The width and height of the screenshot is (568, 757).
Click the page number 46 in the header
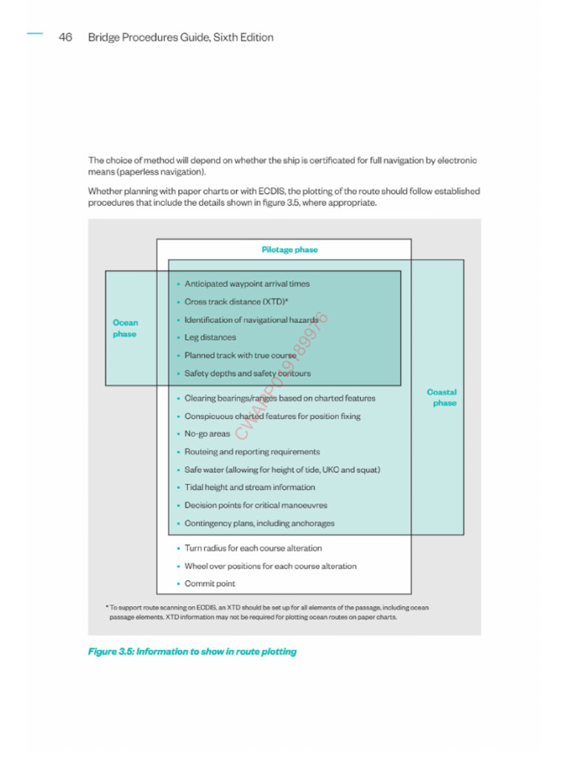[x=65, y=38]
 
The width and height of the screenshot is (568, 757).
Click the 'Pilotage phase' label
[x=289, y=250]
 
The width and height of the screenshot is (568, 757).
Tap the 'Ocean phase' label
[x=125, y=328]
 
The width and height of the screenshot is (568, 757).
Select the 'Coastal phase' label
[x=442, y=398]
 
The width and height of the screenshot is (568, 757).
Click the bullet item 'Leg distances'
[x=210, y=338]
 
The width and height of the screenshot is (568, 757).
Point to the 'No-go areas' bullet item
[x=207, y=434]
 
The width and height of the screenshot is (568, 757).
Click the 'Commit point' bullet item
[x=209, y=584]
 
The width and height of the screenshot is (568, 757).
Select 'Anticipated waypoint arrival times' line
[x=247, y=284]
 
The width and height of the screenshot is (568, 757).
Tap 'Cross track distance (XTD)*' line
[x=236, y=302]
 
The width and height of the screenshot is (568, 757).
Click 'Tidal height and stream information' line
[x=249, y=487]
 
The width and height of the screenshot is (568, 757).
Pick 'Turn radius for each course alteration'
[x=253, y=549]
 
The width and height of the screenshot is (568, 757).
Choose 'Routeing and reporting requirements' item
[x=251, y=452]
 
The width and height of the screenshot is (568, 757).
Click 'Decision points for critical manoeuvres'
[x=255, y=506]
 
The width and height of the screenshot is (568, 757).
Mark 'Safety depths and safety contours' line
[x=247, y=373]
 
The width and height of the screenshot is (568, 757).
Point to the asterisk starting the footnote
[x=106, y=608]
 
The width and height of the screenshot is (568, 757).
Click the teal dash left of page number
[x=35, y=33]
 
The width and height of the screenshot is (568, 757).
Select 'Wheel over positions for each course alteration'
[x=270, y=566]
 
